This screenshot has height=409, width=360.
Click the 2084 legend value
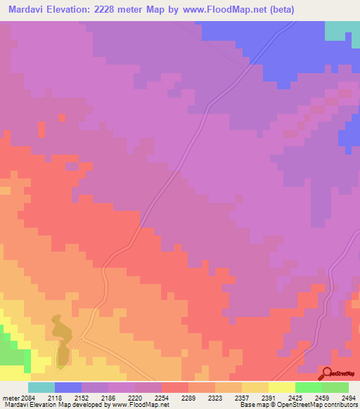(x=26, y=398)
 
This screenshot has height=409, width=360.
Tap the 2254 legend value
(x=161, y=398)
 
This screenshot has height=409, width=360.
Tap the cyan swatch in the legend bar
(x=41, y=387)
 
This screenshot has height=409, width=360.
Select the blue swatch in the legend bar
(x=68, y=387)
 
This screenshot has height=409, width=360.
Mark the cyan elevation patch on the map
(x=342, y=31)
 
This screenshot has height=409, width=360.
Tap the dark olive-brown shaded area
(x=60, y=341)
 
